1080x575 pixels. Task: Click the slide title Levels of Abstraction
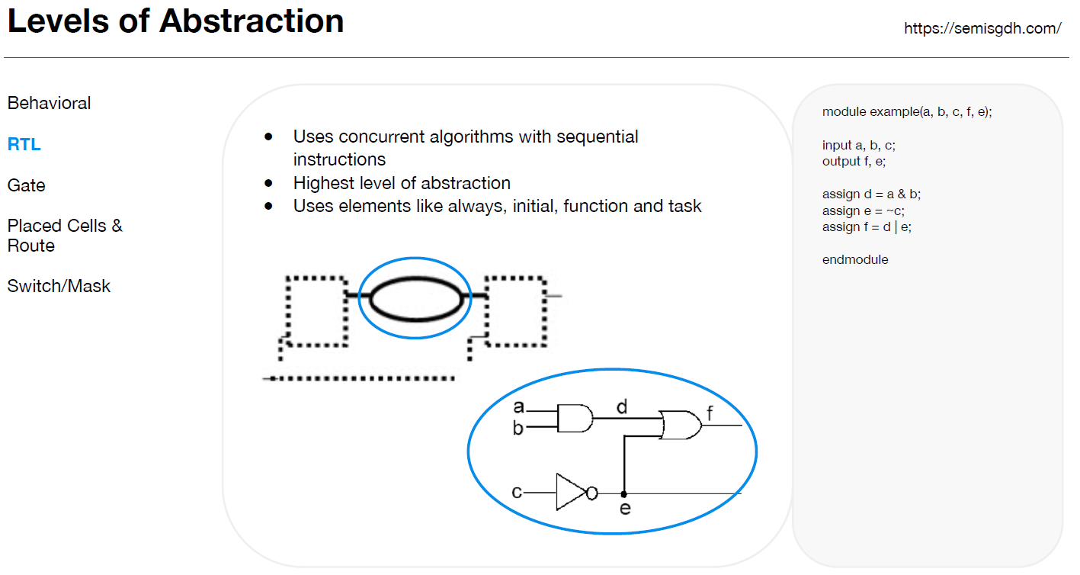(x=175, y=21)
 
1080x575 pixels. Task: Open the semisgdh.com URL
(x=982, y=28)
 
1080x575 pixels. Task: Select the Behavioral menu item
(x=49, y=103)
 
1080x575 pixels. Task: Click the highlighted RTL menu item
(x=24, y=144)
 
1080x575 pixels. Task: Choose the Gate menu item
(x=27, y=185)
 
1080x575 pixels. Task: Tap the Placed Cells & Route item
(x=65, y=236)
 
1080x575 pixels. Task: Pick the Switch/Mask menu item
(x=59, y=286)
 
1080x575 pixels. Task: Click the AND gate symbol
(x=575, y=418)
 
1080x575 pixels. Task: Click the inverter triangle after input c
(x=570, y=493)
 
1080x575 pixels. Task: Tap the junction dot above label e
(x=624, y=493)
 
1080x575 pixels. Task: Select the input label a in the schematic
(x=518, y=406)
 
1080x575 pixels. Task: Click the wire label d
(x=622, y=407)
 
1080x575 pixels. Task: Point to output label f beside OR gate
(x=710, y=414)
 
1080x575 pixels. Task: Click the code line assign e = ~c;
(x=864, y=210)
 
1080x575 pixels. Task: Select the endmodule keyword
(x=855, y=259)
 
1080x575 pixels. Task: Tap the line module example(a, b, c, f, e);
(x=907, y=111)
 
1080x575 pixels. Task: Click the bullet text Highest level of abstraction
(x=402, y=183)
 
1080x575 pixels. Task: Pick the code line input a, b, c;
(x=858, y=145)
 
